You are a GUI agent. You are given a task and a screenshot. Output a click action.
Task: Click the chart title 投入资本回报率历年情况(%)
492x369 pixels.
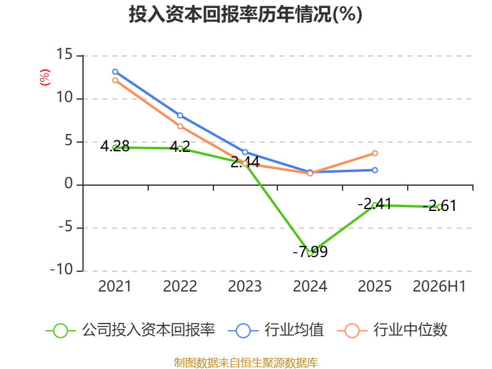coord(245,14)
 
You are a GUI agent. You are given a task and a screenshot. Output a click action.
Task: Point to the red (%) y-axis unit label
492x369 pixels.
coord(45,77)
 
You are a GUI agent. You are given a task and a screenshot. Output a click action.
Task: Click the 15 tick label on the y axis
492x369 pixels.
coord(65,54)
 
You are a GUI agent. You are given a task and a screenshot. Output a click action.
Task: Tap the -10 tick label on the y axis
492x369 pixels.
coord(62,269)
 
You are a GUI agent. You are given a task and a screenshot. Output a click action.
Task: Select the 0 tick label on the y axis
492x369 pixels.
coord(69,183)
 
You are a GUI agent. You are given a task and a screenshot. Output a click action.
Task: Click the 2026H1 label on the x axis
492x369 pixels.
coord(439,286)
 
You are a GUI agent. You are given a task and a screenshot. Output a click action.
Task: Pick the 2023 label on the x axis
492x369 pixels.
coord(245,286)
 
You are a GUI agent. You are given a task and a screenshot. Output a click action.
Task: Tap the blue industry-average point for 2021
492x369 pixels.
coord(115,72)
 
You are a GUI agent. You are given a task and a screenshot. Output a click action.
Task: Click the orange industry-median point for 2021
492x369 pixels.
coord(115,81)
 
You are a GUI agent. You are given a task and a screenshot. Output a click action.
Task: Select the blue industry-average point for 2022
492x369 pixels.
coord(180,116)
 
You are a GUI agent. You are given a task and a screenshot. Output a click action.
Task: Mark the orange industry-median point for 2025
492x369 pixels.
coord(375,153)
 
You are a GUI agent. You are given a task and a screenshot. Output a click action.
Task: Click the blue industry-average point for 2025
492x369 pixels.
coord(375,170)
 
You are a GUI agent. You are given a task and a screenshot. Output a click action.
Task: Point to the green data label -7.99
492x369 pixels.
coord(311,252)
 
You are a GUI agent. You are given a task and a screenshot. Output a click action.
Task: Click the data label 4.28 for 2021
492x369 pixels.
coord(115,146)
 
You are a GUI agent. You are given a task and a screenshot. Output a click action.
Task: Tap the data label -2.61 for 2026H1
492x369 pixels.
coord(439,206)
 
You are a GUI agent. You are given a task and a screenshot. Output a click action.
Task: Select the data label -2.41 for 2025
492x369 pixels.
coord(375,204)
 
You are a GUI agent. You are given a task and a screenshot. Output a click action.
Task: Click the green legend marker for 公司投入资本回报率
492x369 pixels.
coord(60,331)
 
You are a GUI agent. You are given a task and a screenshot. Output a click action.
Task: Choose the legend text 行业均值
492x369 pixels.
coord(295,330)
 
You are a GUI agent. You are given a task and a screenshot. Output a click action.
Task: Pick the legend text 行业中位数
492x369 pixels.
coord(410,330)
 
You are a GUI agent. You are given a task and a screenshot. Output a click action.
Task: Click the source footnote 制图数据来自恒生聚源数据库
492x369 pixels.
coord(246,363)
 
